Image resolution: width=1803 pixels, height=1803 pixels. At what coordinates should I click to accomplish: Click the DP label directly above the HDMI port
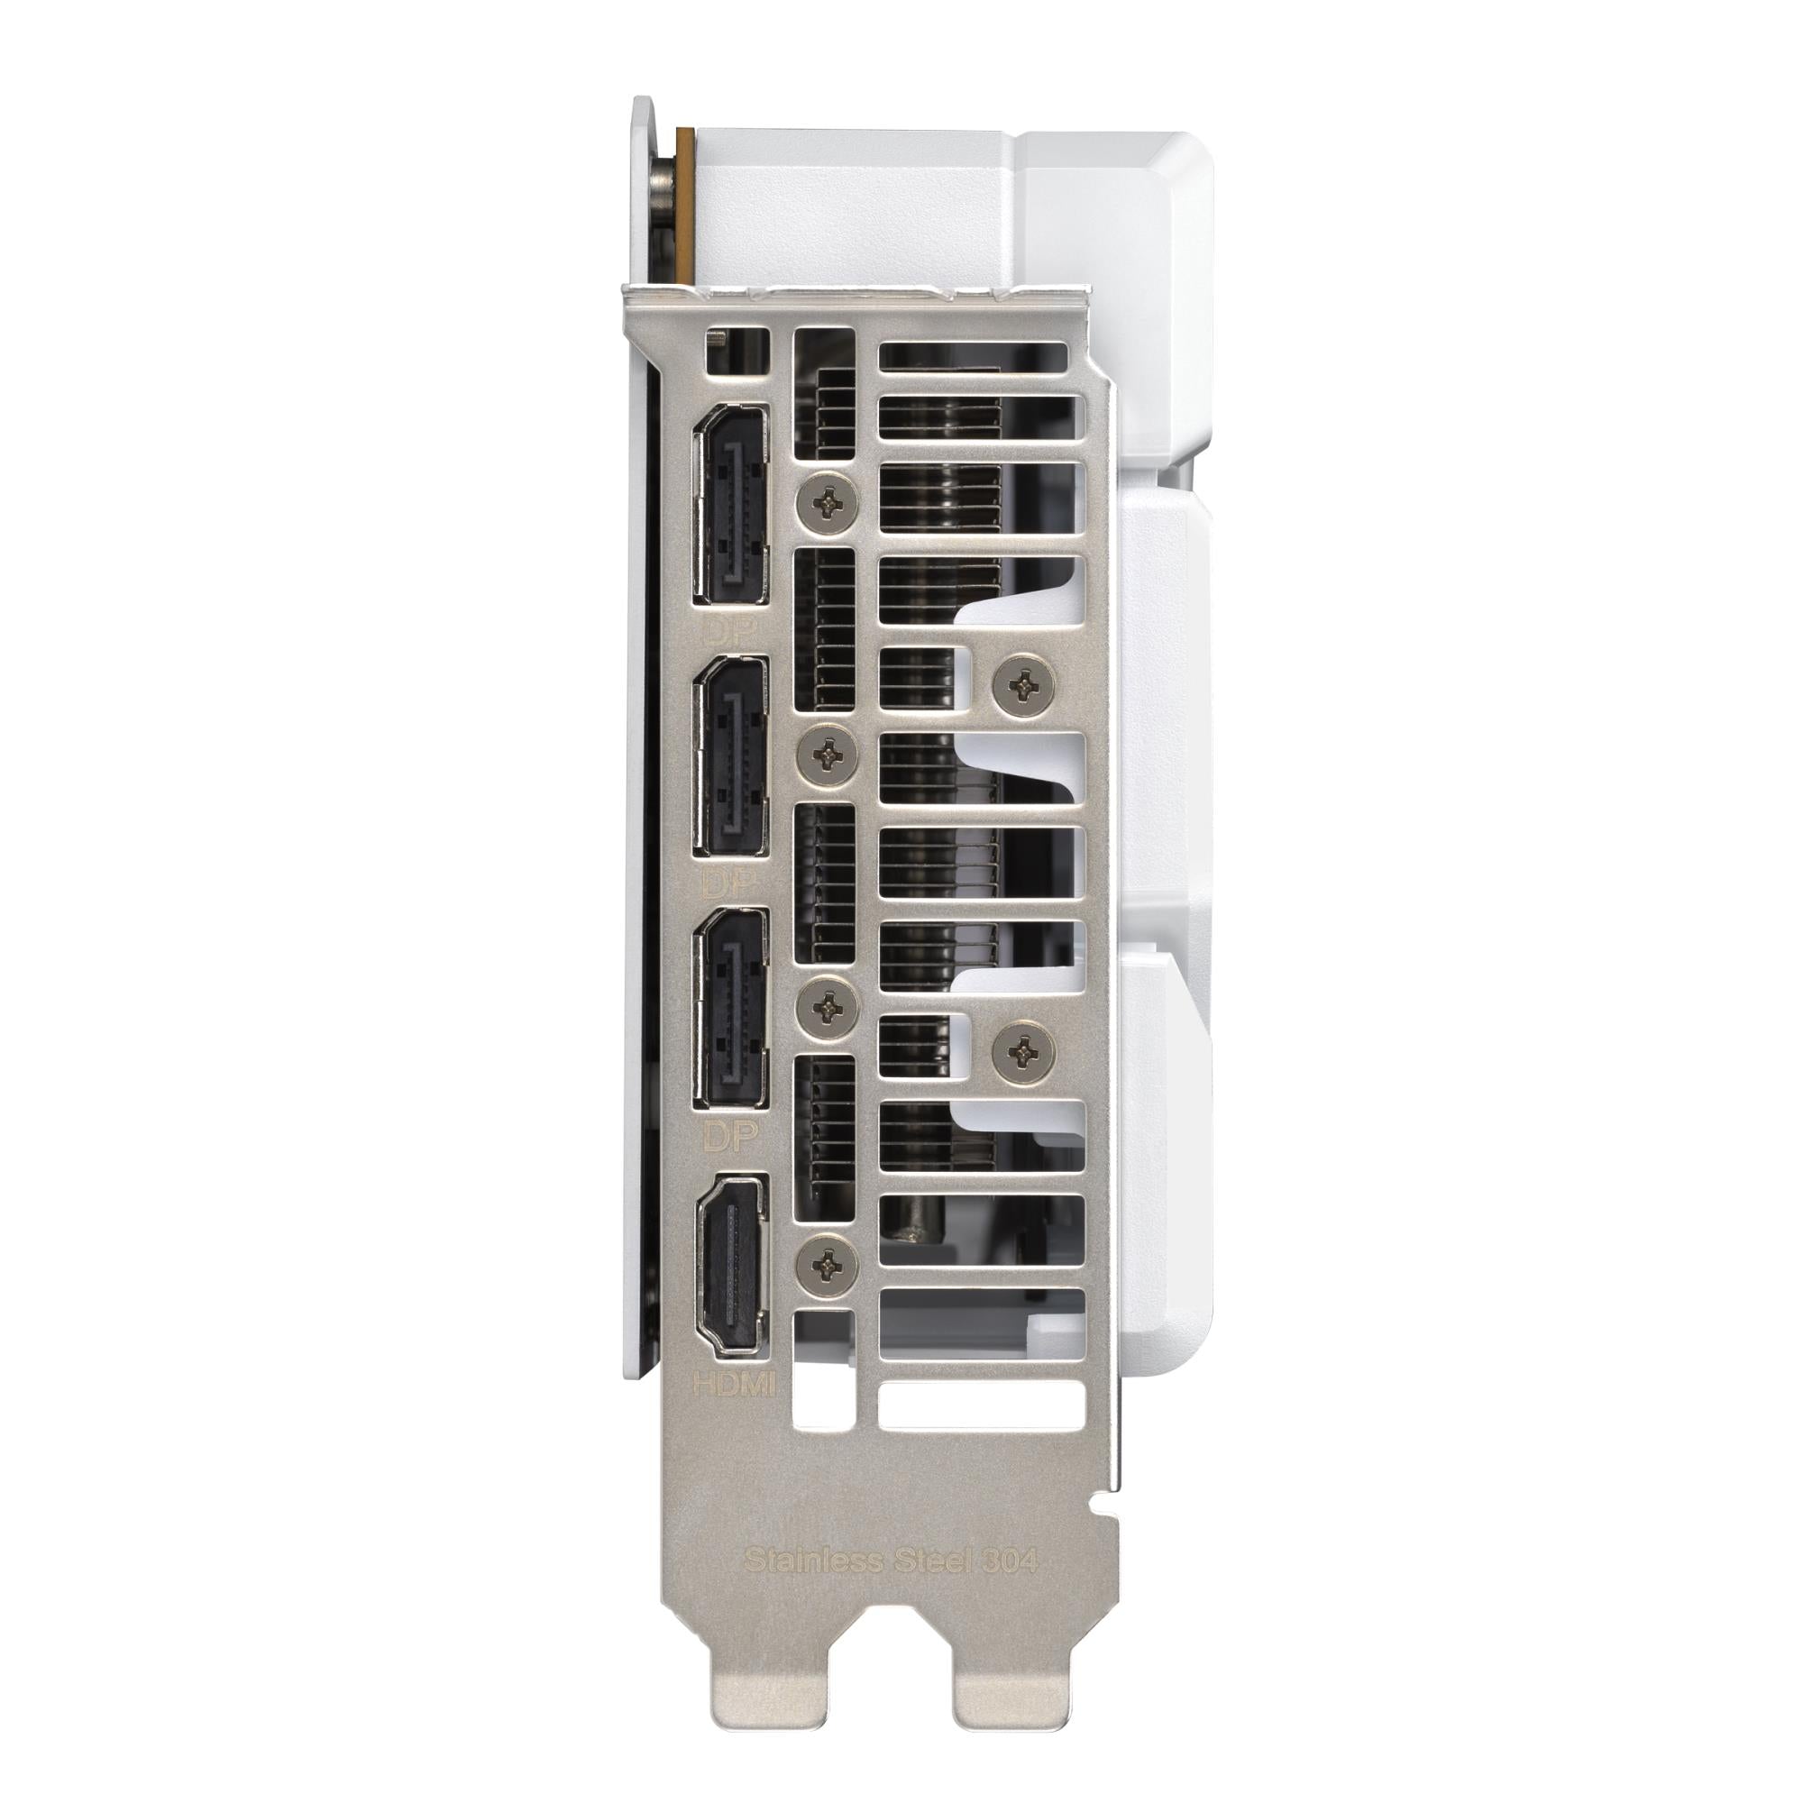coord(730,1136)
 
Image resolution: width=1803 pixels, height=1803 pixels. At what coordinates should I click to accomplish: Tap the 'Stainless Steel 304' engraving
coord(891,1560)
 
